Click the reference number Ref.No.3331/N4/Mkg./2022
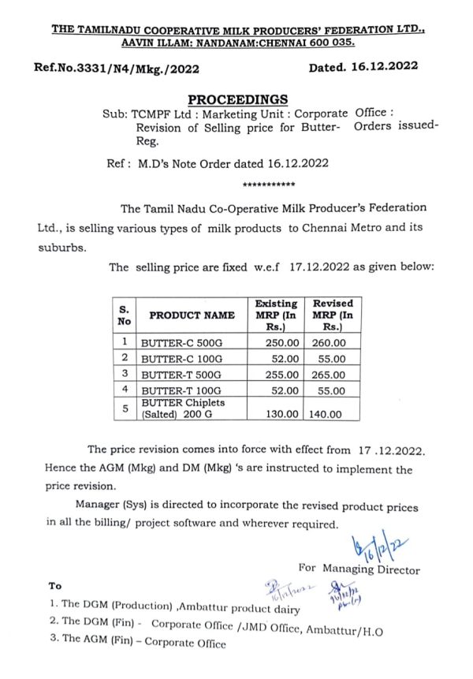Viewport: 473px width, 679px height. click(117, 68)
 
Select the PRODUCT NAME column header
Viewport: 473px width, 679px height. click(192, 315)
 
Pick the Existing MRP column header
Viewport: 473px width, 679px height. click(276, 315)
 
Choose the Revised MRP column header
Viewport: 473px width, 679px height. click(333, 315)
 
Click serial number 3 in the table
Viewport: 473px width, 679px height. click(125, 373)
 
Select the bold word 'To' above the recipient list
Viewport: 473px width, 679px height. click(55, 586)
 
